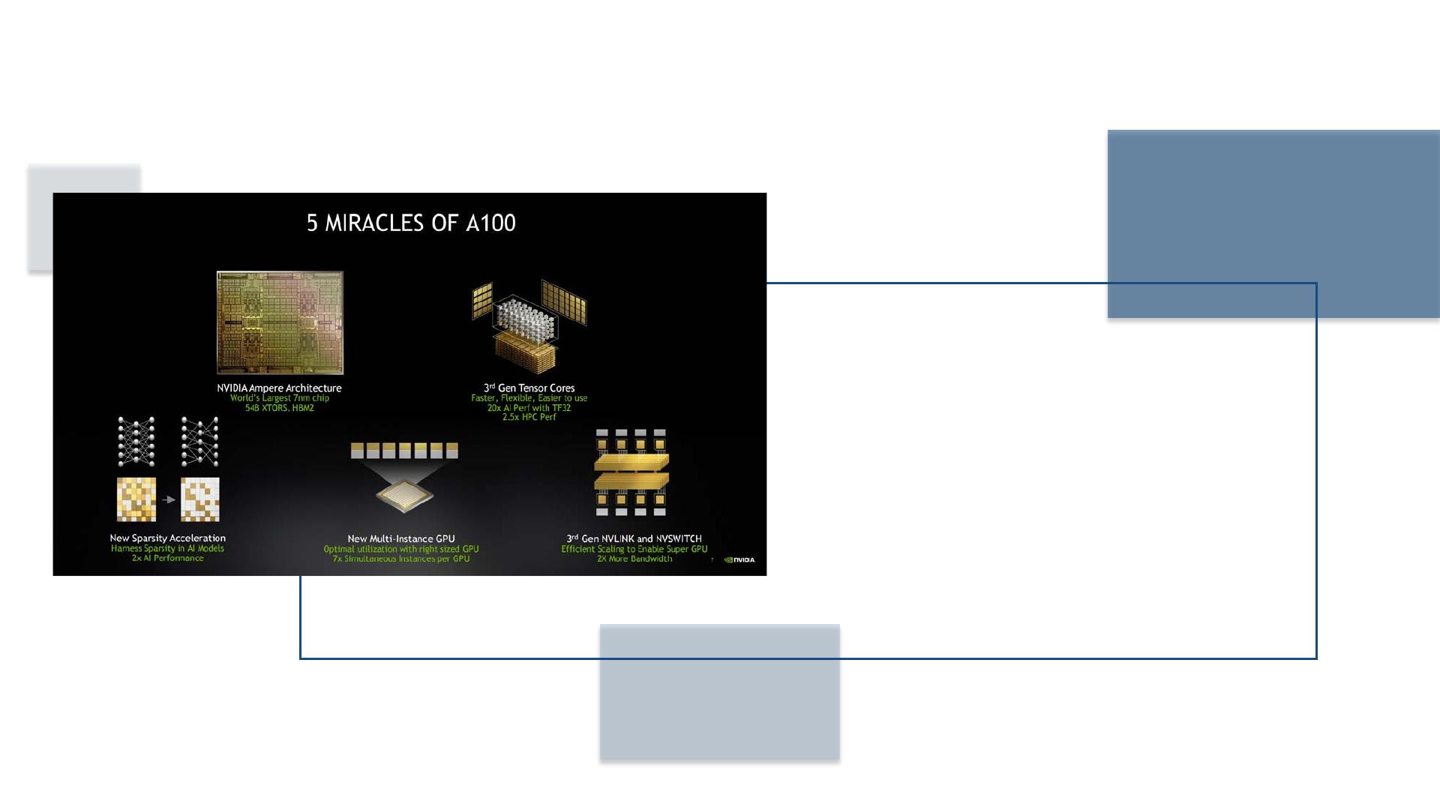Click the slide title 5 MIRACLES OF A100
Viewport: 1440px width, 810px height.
tap(411, 223)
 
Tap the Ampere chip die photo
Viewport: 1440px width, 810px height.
tap(280, 322)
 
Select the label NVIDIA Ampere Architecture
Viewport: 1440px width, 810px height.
tap(279, 388)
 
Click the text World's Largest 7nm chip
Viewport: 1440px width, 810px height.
tap(280, 398)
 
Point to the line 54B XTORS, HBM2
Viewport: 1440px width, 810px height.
tap(280, 408)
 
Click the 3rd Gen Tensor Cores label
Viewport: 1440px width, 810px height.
tap(529, 388)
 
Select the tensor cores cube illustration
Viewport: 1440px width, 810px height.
tap(529, 327)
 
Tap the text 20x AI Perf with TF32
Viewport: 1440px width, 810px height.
tap(529, 408)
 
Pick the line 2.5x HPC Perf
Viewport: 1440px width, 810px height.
tap(529, 417)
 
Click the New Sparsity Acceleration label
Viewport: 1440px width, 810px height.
tap(167, 538)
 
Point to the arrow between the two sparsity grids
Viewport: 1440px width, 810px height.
tap(169, 499)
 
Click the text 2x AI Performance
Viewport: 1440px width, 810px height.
tap(167, 558)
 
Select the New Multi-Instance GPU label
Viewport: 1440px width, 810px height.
tap(401, 538)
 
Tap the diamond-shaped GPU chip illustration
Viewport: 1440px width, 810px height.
tap(404, 494)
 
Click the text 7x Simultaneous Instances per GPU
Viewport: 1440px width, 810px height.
tap(401, 559)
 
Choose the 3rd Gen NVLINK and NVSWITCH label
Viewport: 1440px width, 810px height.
tap(634, 538)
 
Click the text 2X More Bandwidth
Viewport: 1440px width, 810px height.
tap(634, 559)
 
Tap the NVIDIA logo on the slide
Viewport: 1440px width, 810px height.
tap(739, 559)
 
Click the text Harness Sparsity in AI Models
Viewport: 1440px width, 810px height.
tap(167, 548)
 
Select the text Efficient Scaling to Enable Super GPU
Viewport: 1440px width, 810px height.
tap(634, 549)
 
